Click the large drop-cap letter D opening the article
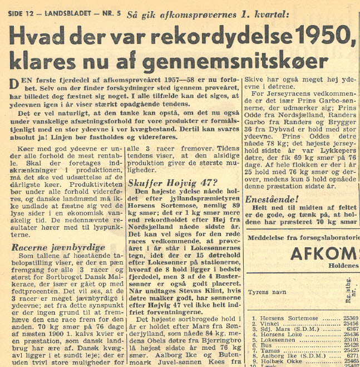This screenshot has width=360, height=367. tap(16, 84)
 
